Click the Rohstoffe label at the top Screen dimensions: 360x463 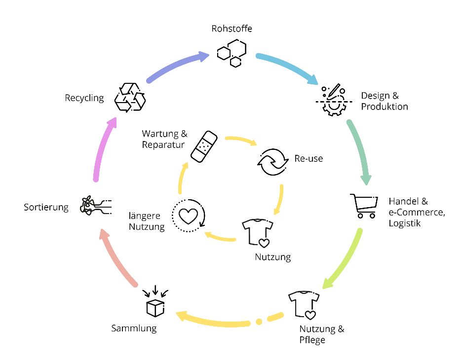coord(231,29)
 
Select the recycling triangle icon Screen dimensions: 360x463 coord(130,97)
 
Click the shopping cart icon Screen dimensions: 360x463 coord(364,206)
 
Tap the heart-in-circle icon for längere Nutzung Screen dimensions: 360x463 coord(188,215)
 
